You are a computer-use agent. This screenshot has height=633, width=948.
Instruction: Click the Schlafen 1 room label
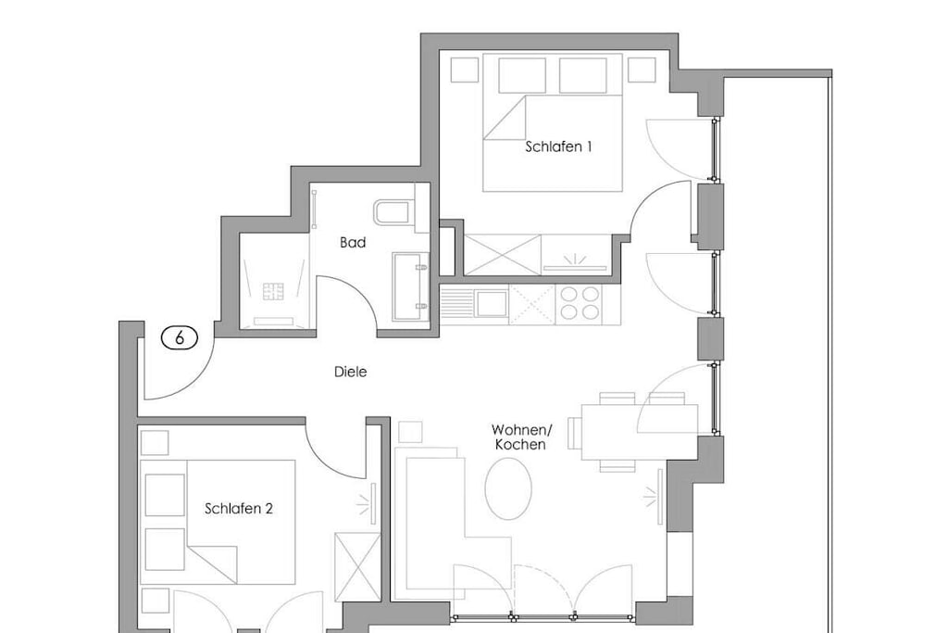(558, 146)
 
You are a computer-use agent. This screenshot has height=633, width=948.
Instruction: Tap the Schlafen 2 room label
(238, 508)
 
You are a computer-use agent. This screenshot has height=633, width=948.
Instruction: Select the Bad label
(353, 243)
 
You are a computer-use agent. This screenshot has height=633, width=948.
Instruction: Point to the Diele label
(351, 372)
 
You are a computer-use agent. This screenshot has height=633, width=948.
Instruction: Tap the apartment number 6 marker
(180, 337)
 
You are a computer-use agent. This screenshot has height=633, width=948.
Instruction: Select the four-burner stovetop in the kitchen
(580, 303)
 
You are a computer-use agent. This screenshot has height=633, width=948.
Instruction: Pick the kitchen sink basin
(492, 303)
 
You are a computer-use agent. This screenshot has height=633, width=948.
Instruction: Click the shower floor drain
(273, 292)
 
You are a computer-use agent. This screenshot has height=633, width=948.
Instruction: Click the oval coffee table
(508, 488)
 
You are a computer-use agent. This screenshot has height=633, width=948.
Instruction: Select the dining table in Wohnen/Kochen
(640, 432)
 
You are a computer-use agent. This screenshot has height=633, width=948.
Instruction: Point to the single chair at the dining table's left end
(574, 433)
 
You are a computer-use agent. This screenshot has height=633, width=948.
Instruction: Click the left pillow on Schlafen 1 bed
(522, 76)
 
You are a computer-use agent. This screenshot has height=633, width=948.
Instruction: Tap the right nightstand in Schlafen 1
(642, 70)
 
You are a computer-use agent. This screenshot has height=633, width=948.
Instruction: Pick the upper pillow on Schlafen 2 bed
(165, 494)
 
